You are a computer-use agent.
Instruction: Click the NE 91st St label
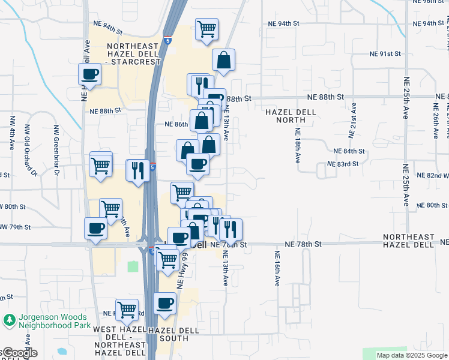384,54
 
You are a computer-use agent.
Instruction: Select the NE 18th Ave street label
297,145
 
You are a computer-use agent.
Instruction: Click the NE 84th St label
349,151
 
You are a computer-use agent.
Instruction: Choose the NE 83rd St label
343,164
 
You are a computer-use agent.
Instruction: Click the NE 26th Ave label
436,121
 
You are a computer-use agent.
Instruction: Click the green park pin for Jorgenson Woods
9,321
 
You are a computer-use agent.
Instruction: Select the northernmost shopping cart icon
206,29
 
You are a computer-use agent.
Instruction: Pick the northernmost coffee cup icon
90,75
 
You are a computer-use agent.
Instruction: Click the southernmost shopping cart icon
127,310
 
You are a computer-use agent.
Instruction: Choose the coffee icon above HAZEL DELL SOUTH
164,304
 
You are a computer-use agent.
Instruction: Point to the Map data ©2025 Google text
412,355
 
